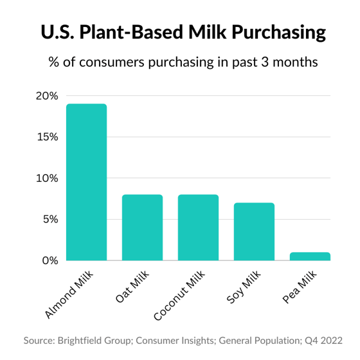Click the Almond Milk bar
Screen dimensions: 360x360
point(87,182)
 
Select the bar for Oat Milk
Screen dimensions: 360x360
point(142,228)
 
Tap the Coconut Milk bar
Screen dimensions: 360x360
point(199,228)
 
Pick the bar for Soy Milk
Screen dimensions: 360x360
point(254,231)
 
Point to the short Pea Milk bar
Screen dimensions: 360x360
point(310,256)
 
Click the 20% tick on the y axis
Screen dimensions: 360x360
point(47,96)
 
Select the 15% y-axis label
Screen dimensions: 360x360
point(48,137)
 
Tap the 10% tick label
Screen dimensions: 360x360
point(47,178)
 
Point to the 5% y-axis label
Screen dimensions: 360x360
point(51,219)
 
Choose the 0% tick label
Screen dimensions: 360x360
point(50,260)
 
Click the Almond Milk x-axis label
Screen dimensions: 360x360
point(69,294)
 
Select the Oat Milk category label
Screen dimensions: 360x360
point(132,286)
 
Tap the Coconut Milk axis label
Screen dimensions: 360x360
point(179,295)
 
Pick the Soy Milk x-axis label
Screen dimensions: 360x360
point(244,287)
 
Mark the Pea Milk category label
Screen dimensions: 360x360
point(300,287)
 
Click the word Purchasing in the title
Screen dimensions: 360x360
point(279,32)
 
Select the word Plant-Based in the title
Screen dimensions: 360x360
point(131,32)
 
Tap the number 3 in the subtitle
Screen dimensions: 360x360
point(265,62)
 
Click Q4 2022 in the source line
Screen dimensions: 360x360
point(323,341)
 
